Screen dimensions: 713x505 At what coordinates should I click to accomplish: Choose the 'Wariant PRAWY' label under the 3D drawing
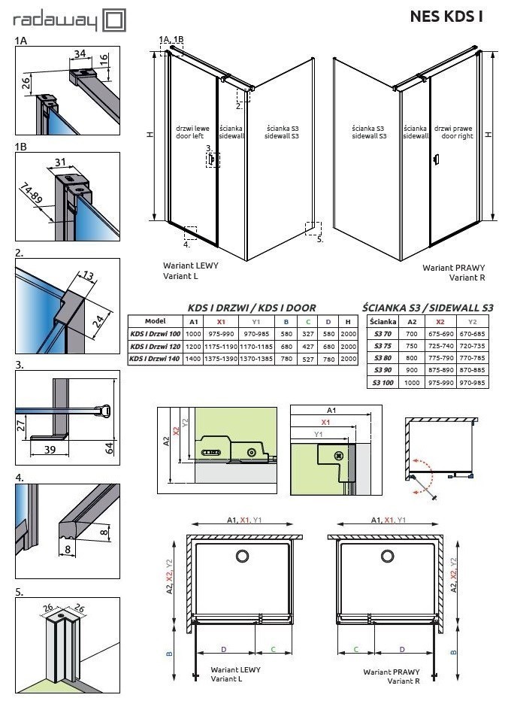(x=454, y=268)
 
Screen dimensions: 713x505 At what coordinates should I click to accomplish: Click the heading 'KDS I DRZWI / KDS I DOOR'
(x=252, y=308)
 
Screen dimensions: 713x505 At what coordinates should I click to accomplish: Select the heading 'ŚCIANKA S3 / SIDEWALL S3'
(x=428, y=308)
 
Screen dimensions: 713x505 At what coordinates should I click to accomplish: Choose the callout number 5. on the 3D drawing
(x=319, y=240)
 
